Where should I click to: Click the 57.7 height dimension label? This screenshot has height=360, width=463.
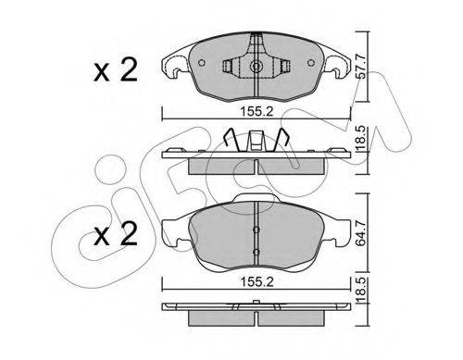[361, 67]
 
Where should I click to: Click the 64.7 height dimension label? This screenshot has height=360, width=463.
[361, 233]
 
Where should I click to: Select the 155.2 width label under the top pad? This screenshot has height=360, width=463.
[257, 111]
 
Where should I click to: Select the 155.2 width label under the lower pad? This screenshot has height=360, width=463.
[257, 282]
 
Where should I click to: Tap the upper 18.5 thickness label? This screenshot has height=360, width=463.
[361, 138]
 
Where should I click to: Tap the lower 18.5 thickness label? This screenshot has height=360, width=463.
[361, 290]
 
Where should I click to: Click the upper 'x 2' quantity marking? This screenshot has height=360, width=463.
[116, 70]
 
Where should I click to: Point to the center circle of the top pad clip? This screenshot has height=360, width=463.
[257, 66]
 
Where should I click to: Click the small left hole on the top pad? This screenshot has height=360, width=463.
[201, 63]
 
